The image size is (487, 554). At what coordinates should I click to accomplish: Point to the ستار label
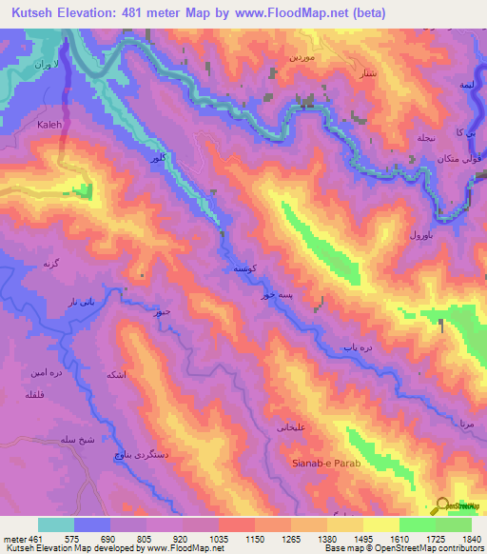pyautogui.click(x=363, y=71)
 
